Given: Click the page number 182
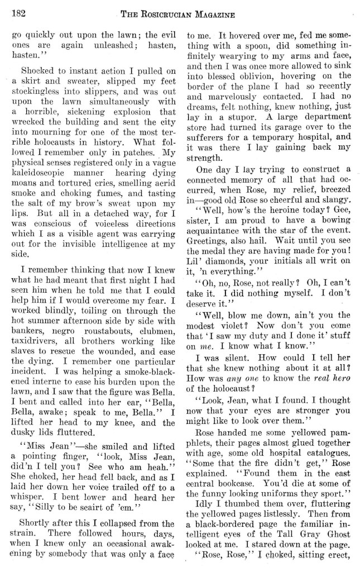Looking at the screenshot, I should pyautogui.click(x=21, y=11).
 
